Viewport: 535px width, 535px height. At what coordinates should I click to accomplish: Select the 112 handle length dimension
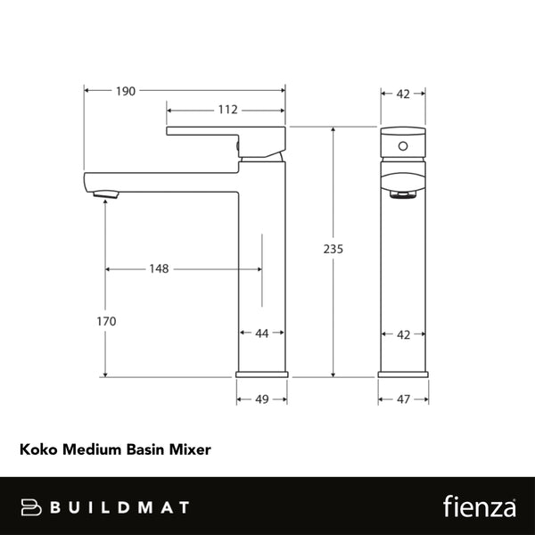[x=226, y=110]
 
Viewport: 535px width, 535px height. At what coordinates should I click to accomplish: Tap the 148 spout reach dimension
[x=160, y=268]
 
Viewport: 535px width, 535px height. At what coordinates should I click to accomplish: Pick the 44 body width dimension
[x=262, y=333]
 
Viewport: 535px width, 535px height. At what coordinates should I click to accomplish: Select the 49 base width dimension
[x=262, y=399]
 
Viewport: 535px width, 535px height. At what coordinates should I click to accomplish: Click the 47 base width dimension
[x=403, y=399]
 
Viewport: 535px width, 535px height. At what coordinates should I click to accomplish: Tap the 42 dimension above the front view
[x=403, y=92]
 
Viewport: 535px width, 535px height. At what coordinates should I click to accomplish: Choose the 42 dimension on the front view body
[x=403, y=334]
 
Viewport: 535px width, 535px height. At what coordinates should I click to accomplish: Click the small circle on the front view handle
[x=403, y=144]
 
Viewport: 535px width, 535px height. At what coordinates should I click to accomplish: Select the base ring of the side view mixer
[x=262, y=374]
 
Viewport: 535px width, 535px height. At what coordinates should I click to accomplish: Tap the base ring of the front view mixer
[x=403, y=374]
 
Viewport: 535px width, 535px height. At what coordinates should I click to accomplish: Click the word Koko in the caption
[x=37, y=449]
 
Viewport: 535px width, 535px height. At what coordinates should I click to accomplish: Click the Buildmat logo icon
[x=31, y=506]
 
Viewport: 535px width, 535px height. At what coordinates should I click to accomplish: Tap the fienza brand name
[x=480, y=506]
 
